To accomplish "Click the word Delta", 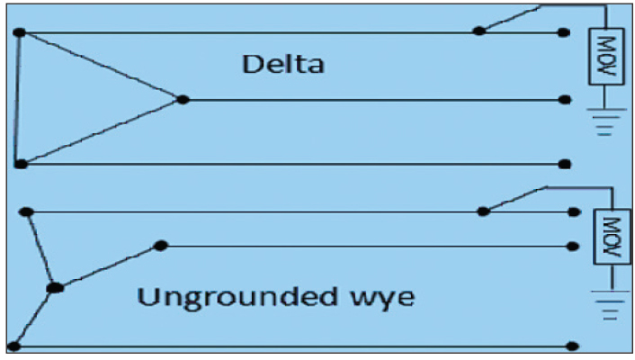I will [282, 65].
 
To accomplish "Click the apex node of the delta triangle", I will [182, 99].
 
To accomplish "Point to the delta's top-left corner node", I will [19, 32].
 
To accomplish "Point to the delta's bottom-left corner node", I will [20, 164].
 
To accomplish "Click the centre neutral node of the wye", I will [55, 287].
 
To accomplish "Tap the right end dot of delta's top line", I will [563, 32].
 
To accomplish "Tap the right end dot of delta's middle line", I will [564, 99].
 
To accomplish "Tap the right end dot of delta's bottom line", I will [565, 164].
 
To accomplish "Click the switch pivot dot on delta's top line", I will [479, 31].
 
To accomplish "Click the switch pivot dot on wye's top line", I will [483, 211].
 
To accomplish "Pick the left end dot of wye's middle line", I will [161, 245].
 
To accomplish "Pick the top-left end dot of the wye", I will [26, 211].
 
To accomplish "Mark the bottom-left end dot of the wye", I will [15, 346].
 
